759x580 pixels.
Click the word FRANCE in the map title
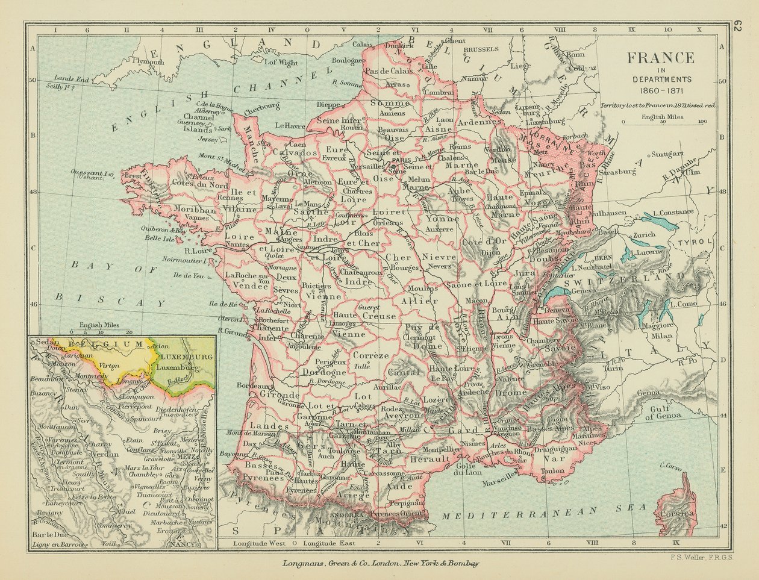click(x=661, y=58)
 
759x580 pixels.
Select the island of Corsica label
click(x=676, y=514)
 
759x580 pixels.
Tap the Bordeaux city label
click(x=254, y=385)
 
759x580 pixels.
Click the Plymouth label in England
click(x=148, y=61)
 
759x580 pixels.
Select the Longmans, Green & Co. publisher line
click(x=381, y=564)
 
